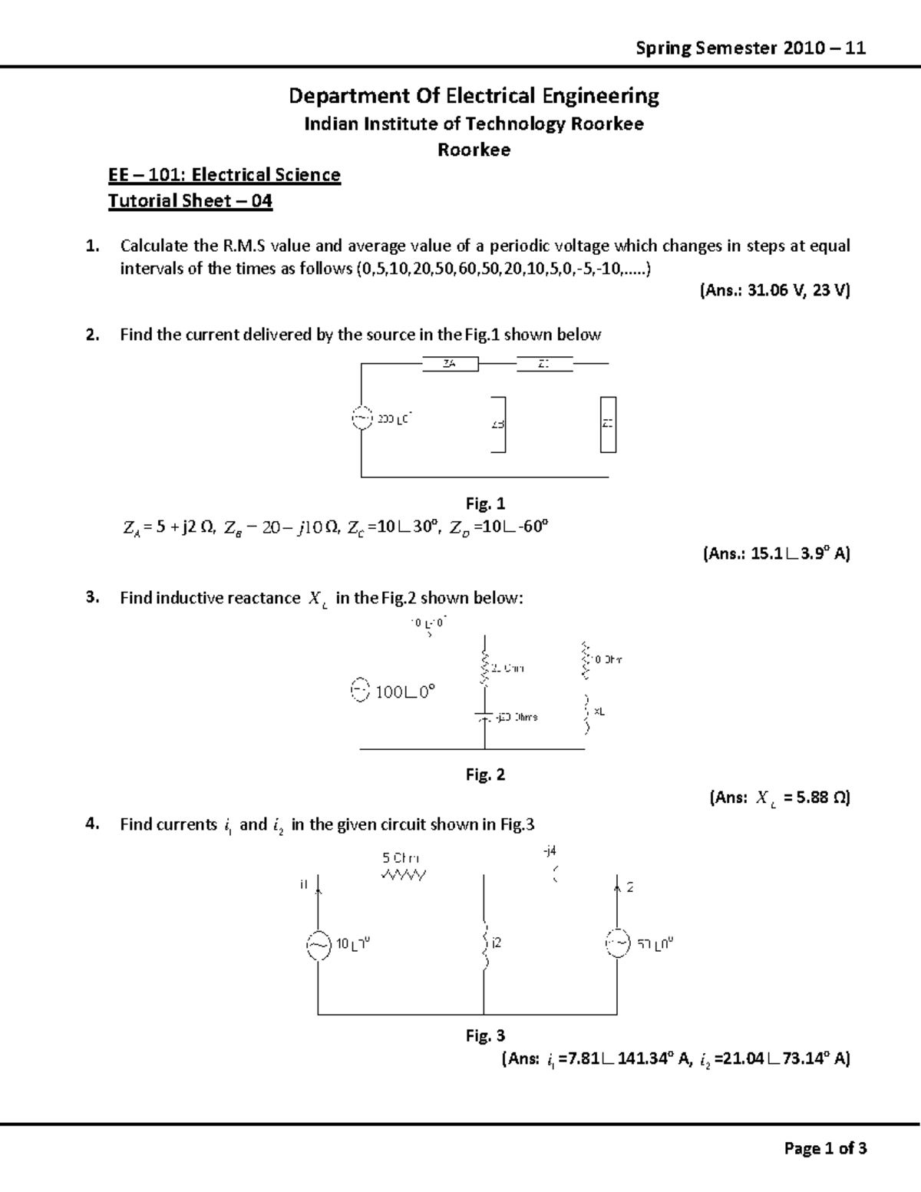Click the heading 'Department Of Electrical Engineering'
[474, 96]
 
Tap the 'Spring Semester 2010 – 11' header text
[751, 48]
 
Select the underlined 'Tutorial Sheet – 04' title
[190, 201]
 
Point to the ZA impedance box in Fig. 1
[451, 364]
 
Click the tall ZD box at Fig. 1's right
[608, 424]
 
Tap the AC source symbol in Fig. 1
[361, 418]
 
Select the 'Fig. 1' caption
[485, 504]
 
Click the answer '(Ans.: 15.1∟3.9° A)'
[776, 553]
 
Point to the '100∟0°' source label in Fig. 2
[404, 692]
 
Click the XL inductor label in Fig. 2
[599, 712]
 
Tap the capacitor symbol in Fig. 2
[484, 717]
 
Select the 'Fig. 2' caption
[485, 774]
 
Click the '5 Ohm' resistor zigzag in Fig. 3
[403, 875]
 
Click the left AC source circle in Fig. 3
[318, 946]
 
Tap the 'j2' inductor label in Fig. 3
[497, 943]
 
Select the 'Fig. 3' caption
[485, 1035]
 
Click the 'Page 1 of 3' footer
[825, 1148]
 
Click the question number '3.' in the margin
[92, 598]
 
